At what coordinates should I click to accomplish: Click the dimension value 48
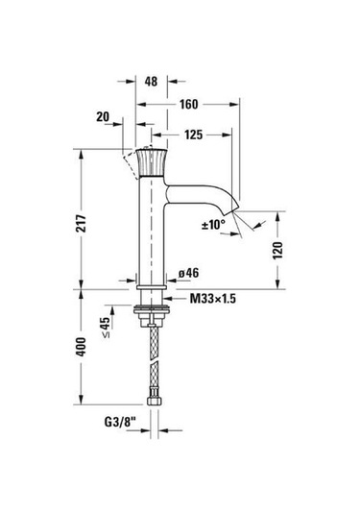coord(151,82)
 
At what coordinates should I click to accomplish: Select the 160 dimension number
coord(189,105)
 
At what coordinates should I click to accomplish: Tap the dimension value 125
coord(194,135)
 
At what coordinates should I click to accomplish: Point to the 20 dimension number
coord(103,116)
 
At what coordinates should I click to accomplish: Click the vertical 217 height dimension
coord(82,224)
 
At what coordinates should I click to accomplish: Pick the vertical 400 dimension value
coord(81,347)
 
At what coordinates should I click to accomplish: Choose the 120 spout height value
coord(277,251)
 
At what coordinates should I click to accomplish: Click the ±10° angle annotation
coord(213,225)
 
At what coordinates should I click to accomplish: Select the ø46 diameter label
coord(189,273)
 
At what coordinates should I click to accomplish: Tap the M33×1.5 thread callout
coord(213,299)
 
